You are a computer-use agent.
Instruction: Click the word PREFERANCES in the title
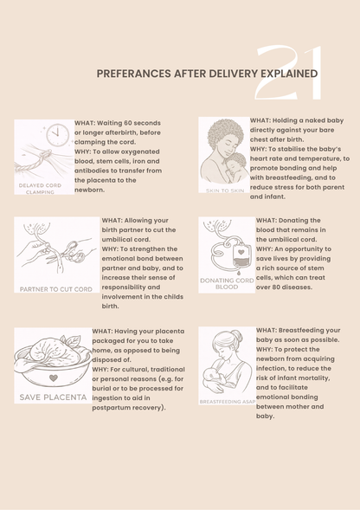click(x=131, y=74)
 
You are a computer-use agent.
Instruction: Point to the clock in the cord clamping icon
click(x=57, y=135)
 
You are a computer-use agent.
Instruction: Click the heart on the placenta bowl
click(x=54, y=378)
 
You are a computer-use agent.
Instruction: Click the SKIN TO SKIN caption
click(x=225, y=189)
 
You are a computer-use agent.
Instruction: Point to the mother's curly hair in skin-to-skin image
click(x=226, y=136)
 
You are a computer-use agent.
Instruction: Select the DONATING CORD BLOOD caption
click(x=226, y=283)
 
